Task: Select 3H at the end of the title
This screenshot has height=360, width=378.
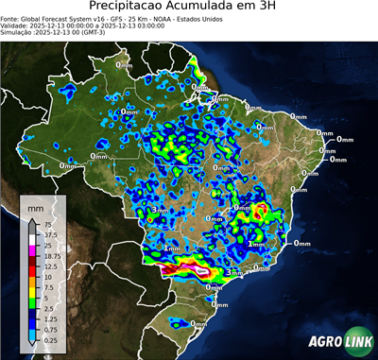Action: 304,9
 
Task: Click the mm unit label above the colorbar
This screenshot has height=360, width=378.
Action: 35,205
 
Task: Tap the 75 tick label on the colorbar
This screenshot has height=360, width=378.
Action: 46,224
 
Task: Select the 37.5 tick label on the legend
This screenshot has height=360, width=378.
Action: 49,234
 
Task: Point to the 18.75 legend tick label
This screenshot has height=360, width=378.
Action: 51,255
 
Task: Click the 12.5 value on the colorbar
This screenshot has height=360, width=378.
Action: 49,266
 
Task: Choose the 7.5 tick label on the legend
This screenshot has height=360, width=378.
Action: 47,286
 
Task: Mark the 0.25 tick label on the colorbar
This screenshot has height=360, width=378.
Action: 49,338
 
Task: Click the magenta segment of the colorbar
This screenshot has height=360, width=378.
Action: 34,250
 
